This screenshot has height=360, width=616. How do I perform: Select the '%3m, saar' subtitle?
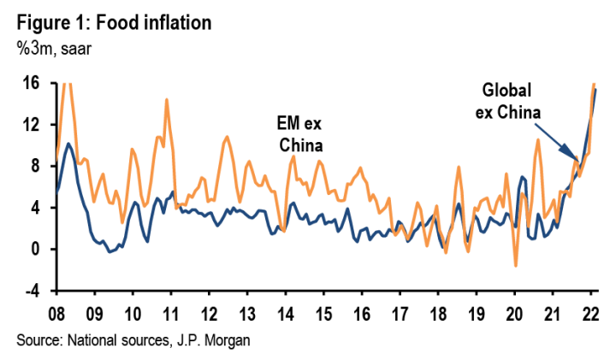point(51,47)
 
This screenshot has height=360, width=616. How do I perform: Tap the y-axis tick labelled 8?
point(36,166)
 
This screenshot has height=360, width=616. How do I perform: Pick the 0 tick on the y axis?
point(36,250)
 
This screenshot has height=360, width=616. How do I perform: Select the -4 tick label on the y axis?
point(32,291)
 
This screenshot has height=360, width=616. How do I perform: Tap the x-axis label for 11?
point(170,310)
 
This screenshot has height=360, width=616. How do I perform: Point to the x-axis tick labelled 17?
point(400,310)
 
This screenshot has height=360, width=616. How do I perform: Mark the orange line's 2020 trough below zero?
point(516,266)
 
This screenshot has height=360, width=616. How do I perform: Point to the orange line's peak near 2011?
point(166,100)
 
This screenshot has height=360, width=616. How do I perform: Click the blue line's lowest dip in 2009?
point(110,251)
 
